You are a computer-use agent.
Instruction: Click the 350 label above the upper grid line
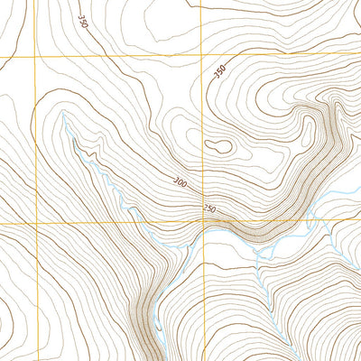[82, 22]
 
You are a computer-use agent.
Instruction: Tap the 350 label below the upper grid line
[218, 72]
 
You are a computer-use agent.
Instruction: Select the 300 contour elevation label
[181, 183]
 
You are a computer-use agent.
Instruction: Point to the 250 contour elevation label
[209, 210]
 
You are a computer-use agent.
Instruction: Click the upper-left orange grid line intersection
[36, 57]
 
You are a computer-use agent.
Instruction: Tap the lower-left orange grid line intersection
[36, 222]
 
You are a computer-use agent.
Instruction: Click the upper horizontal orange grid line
[117, 57]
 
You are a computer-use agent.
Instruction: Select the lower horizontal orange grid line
[108, 222]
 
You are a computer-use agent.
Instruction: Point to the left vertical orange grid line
[36, 135]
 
